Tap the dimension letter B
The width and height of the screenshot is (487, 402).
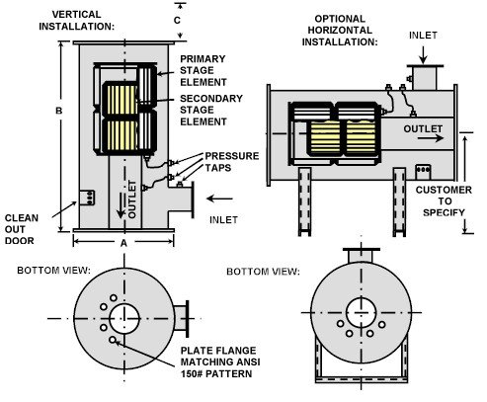[x=58, y=112]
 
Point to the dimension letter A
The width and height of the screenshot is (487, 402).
[x=122, y=241]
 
